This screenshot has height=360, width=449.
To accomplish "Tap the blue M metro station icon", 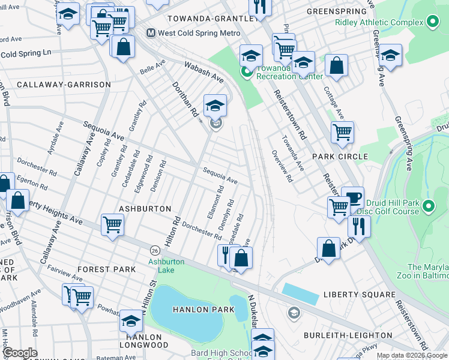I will pos(151,32).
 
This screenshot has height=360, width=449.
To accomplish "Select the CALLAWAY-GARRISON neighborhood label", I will pos(64,85).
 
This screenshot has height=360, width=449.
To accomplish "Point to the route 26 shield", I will pos(154,249).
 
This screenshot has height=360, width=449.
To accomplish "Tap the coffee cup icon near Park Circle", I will pos(352,197).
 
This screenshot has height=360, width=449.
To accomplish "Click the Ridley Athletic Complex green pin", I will pos(432,23).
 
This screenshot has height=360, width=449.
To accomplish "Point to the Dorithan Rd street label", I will pos(186,100).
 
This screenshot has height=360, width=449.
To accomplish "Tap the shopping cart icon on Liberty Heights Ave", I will pos(112,224).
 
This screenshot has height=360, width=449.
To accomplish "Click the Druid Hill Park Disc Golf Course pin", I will pos(428,207).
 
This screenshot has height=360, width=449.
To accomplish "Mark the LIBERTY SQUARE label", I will pos(359,295).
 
